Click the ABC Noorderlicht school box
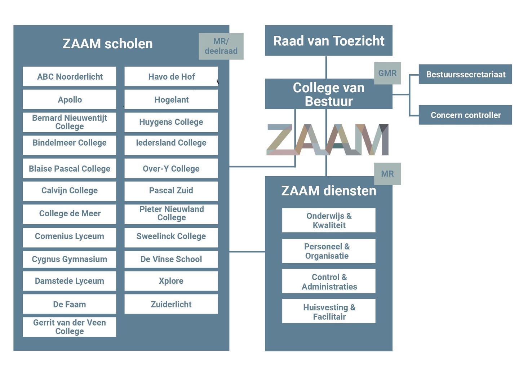(70, 76)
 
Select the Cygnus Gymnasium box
(70, 259)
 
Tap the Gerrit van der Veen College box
(70, 327)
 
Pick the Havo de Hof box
(171, 76)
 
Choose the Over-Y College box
(171, 169)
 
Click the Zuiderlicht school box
(171, 304)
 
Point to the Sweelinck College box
(171, 236)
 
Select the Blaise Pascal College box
(70, 169)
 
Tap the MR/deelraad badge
(221, 47)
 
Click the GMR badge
(387, 73)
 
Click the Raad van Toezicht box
(329, 41)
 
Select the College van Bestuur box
(329, 94)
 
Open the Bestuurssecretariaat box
(465, 74)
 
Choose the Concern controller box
(465, 115)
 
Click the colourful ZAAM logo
(328, 140)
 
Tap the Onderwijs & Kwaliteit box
(329, 220)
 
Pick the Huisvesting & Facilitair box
(329, 311)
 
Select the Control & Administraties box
(329, 282)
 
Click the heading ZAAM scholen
(107, 44)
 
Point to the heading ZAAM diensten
(329, 191)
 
